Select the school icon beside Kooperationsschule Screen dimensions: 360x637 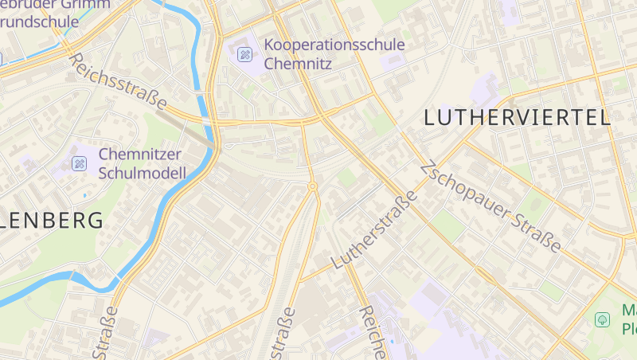click(x=244, y=54)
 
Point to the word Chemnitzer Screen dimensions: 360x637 click(x=140, y=155)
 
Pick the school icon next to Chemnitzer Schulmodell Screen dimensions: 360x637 click(x=79, y=164)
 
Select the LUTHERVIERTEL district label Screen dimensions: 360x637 click(x=517, y=119)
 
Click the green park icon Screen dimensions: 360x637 click(x=603, y=319)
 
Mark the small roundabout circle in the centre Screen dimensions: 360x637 click(x=313, y=186)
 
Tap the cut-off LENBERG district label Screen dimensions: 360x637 click(x=53, y=221)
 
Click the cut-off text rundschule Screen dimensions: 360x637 click(x=40, y=22)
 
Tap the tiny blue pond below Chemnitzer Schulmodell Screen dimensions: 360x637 click(x=84, y=194)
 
